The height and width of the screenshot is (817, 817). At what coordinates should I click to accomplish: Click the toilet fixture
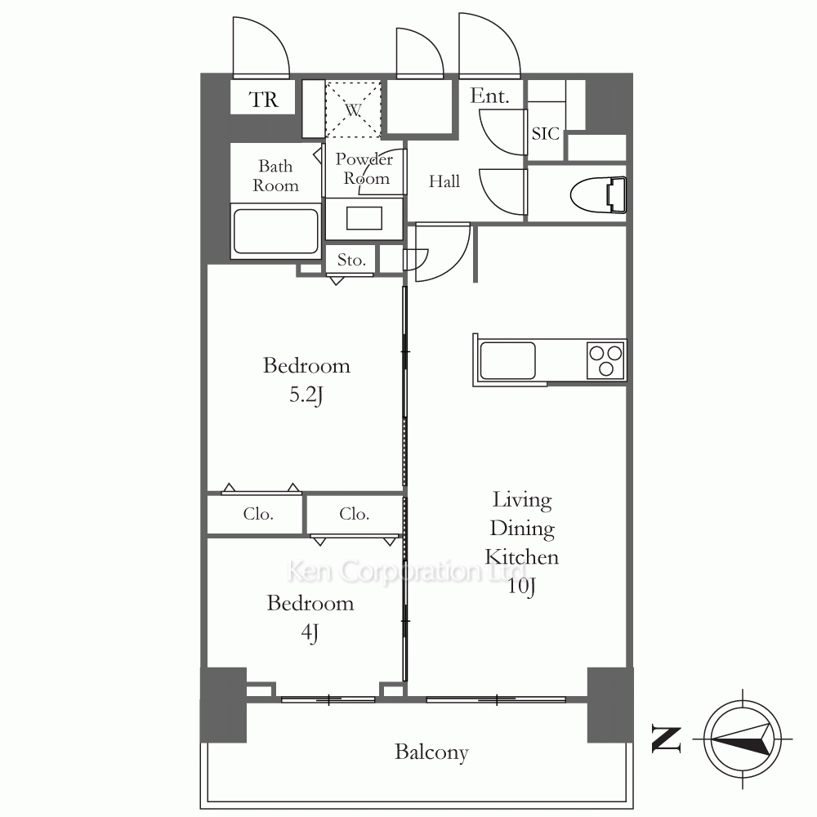(598, 195)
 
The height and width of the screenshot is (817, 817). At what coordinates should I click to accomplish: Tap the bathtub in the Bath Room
(275, 230)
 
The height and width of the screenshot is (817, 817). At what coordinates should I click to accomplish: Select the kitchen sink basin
(507, 360)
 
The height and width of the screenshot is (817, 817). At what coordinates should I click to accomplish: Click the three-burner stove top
(605, 360)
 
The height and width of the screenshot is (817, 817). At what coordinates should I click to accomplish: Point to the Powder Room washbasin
(364, 218)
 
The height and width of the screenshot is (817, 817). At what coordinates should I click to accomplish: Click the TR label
(264, 100)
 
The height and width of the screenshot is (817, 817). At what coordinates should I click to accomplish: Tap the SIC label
(546, 134)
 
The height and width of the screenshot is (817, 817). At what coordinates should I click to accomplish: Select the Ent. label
(489, 96)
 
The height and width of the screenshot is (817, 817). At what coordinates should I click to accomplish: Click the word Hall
(444, 181)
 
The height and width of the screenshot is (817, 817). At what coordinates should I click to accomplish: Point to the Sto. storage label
(351, 260)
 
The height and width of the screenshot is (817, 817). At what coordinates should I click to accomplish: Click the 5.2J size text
(306, 395)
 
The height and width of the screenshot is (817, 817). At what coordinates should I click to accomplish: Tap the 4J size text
(310, 632)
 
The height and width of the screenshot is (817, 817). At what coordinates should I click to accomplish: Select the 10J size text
(521, 586)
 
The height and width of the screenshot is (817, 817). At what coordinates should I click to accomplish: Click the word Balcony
(431, 752)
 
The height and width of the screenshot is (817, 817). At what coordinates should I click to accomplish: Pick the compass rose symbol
(743, 739)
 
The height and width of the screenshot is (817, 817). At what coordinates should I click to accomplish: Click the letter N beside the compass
(667, 739)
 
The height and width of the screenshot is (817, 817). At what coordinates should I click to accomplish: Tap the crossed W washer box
(353, 109)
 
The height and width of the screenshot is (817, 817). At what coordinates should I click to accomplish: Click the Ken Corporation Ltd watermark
(406, 571)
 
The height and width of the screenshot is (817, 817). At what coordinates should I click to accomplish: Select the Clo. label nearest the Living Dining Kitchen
(355, 514)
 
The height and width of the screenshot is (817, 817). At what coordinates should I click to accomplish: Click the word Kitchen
(521, 557)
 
